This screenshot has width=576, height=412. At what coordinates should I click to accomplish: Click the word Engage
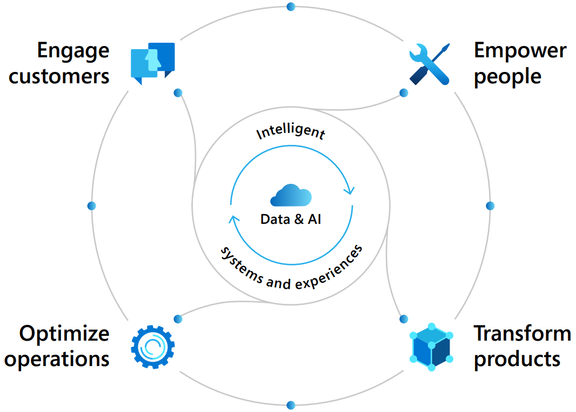coord(73,52)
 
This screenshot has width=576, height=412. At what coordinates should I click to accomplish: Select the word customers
coord(59,76)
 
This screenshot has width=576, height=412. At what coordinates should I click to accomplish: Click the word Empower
coord(520,51)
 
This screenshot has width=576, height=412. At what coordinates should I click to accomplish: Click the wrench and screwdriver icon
coord(429,64)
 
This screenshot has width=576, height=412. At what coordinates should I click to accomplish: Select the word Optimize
coord(64,334)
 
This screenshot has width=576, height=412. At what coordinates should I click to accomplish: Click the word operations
coord(57,359)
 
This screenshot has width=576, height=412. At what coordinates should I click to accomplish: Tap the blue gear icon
coord(153,347)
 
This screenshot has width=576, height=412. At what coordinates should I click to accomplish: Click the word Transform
coord(522,334)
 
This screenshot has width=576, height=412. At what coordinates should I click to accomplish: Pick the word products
coord(517,359)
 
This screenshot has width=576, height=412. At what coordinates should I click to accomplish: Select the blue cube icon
coord(431,347)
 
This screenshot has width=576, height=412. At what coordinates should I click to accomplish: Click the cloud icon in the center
coord(291,196)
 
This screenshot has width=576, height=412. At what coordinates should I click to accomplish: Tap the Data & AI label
coord(291,220)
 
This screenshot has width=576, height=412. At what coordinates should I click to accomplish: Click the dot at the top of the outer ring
coord(291,6)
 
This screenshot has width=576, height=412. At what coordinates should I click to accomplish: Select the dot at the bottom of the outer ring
coord(291,405)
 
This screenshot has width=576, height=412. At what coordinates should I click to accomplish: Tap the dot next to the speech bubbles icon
coord(178,93)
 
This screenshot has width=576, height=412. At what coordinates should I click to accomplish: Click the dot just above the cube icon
coord(403,318)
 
